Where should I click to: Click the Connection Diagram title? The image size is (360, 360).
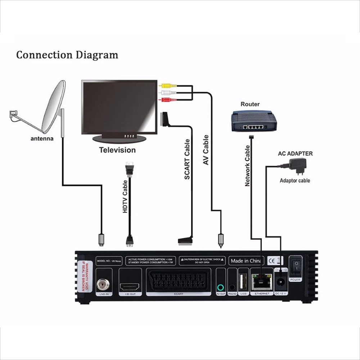67,55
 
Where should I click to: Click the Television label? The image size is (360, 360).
117,150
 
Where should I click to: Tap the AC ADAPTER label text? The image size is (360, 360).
295,154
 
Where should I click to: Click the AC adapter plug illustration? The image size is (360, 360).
298,166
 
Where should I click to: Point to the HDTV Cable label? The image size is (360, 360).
125,197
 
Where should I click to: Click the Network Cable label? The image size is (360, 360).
248,166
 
